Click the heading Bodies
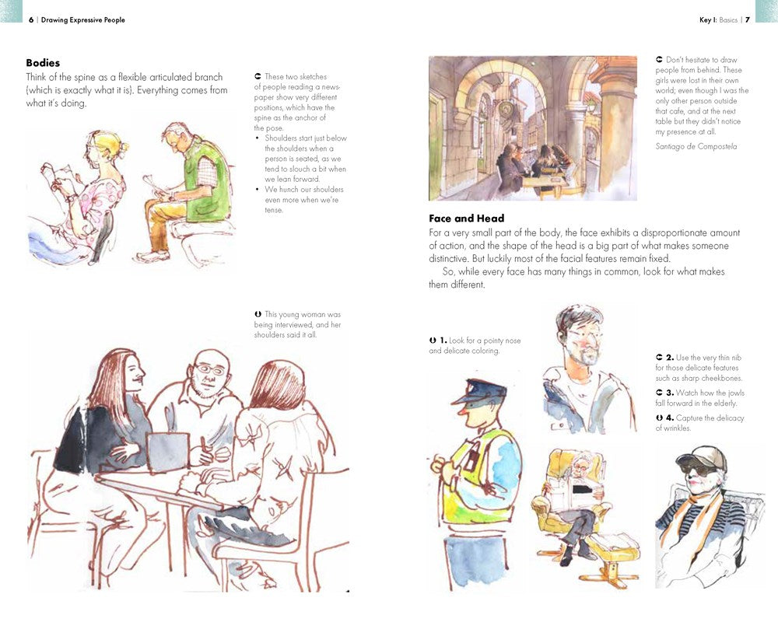tap(43, 62)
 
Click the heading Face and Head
tap(466, 218)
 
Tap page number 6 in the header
tap(31, 19)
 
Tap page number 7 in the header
tap(748, 19)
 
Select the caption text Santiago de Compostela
tap(696, 146)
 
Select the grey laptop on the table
tap(167, 451)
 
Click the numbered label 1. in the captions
tap(442, 341)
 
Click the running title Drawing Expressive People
tap(83, 19)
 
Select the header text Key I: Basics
tap(717, 19)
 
